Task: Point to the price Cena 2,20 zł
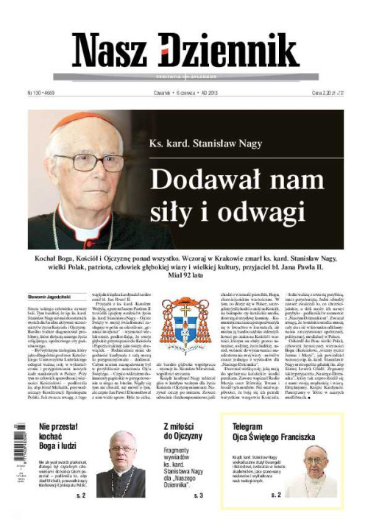coord(324,93)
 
